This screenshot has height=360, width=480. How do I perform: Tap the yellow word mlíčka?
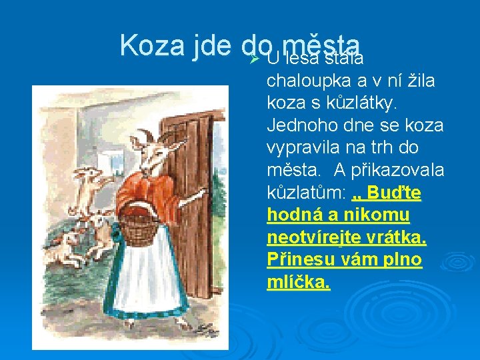point(298,282)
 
